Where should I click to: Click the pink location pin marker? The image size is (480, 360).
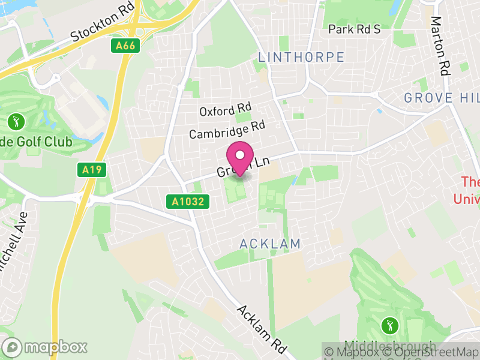pos(240,157)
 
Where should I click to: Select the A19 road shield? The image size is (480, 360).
pos(92,170)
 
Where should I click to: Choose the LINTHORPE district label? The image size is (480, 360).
pos(301,57)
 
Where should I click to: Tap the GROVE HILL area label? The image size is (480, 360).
pos(442,98)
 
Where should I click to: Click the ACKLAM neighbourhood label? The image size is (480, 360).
pos(269,244)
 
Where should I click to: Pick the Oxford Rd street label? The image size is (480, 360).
pos(225,110)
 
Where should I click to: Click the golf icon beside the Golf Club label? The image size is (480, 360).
pos(16,122)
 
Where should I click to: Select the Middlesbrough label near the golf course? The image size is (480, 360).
pos(391,347)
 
